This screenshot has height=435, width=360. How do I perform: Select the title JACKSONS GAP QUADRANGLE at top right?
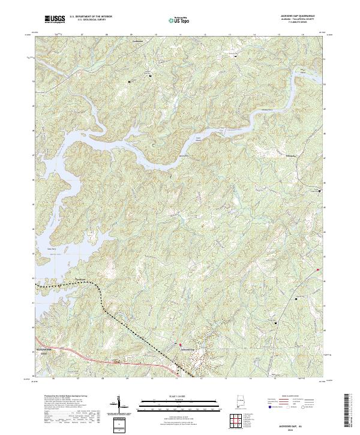297,17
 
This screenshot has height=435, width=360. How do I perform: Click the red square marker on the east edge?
318,269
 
